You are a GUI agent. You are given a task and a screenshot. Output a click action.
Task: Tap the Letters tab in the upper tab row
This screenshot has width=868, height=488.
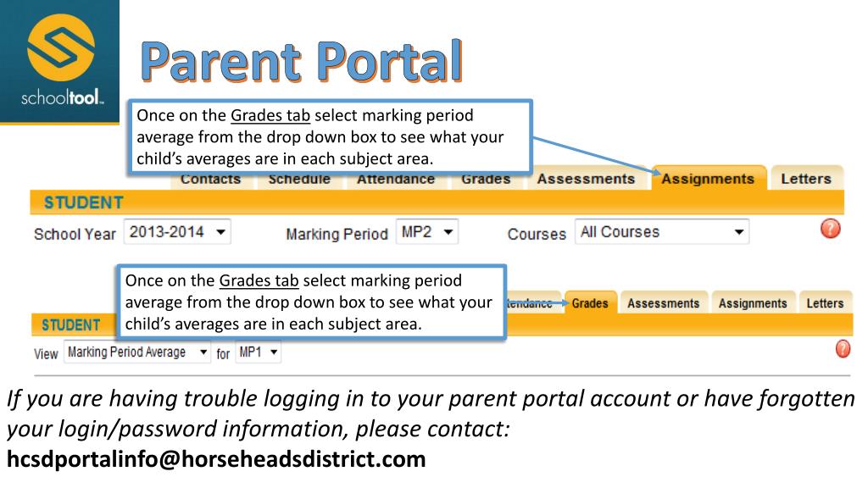coord(805,179)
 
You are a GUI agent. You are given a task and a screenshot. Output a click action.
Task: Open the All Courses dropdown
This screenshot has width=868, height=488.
coord(662,231)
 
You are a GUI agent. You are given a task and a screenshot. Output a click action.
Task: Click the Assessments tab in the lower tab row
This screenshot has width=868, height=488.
coord(664,302)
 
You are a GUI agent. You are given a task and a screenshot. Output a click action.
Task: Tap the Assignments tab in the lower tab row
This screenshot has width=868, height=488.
coord(752,302)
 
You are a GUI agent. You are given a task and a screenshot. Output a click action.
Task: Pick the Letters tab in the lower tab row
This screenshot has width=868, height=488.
coord(825,302)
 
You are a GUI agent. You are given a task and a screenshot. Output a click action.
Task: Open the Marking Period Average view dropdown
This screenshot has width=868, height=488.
coord(136,352)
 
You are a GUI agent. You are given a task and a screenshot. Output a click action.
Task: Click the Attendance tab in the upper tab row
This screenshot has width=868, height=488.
coord(394,179)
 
